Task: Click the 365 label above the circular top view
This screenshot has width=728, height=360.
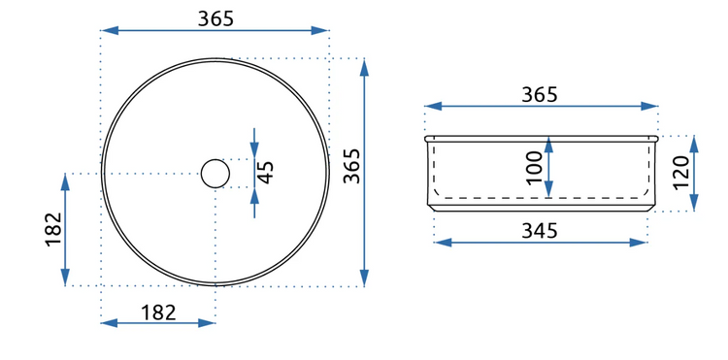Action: click(215, 18)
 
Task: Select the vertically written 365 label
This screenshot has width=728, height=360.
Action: click(352, 166)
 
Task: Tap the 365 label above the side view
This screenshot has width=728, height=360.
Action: click(539, 95)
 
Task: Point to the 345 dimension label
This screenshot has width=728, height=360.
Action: click(539, 231)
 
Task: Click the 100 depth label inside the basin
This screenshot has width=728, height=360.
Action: click(535, 168)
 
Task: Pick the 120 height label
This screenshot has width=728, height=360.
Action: click(681, 173)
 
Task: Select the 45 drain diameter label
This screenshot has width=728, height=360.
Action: click(266, 173)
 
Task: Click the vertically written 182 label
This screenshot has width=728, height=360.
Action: click(53, 229)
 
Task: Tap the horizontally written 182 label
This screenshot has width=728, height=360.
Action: click(159, 312)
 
